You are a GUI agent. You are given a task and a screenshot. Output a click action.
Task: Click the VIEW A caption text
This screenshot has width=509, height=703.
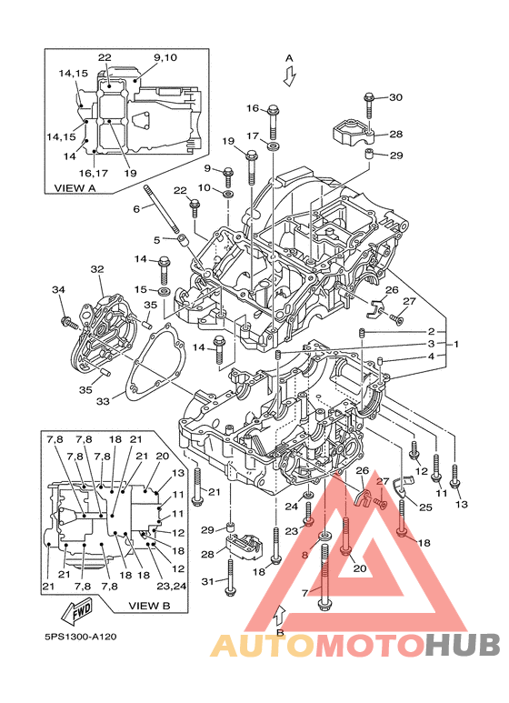tap(75, 188)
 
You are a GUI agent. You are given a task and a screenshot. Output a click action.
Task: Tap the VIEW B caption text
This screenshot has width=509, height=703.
tap(149, 606)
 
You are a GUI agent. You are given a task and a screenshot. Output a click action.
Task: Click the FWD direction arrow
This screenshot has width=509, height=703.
tap(77, 611)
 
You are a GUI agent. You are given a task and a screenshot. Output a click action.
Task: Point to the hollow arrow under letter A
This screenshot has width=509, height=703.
tap(289, 75)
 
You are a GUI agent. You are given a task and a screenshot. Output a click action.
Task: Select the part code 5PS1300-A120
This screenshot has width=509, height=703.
tap(81, 638)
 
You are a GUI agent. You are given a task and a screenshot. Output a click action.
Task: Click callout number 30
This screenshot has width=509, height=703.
tap(395, 97)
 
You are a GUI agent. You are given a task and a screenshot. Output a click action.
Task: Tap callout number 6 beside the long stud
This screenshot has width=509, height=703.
tap(136, 208)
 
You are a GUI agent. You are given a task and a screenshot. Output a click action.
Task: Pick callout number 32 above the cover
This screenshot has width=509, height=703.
tap(96, 269)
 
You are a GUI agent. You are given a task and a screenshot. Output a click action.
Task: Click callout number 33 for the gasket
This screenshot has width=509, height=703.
tap(103, 401)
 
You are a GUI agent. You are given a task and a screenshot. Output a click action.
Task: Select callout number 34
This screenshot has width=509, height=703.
tap(58, 289)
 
